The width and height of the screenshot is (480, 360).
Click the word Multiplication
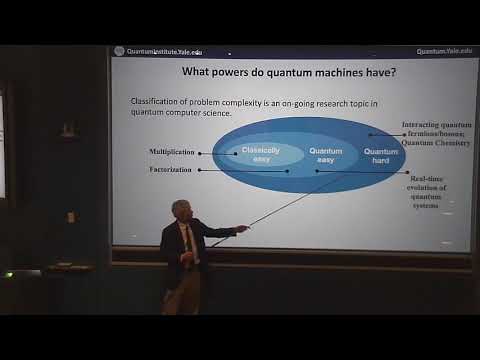click(171, 153)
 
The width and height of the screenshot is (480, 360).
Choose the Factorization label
click(170, 170)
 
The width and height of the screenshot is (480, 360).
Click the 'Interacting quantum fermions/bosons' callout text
click(435, 134)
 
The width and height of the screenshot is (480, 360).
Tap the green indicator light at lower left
click(9, 272)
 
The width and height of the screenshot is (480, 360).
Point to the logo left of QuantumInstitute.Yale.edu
click(121, 49)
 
